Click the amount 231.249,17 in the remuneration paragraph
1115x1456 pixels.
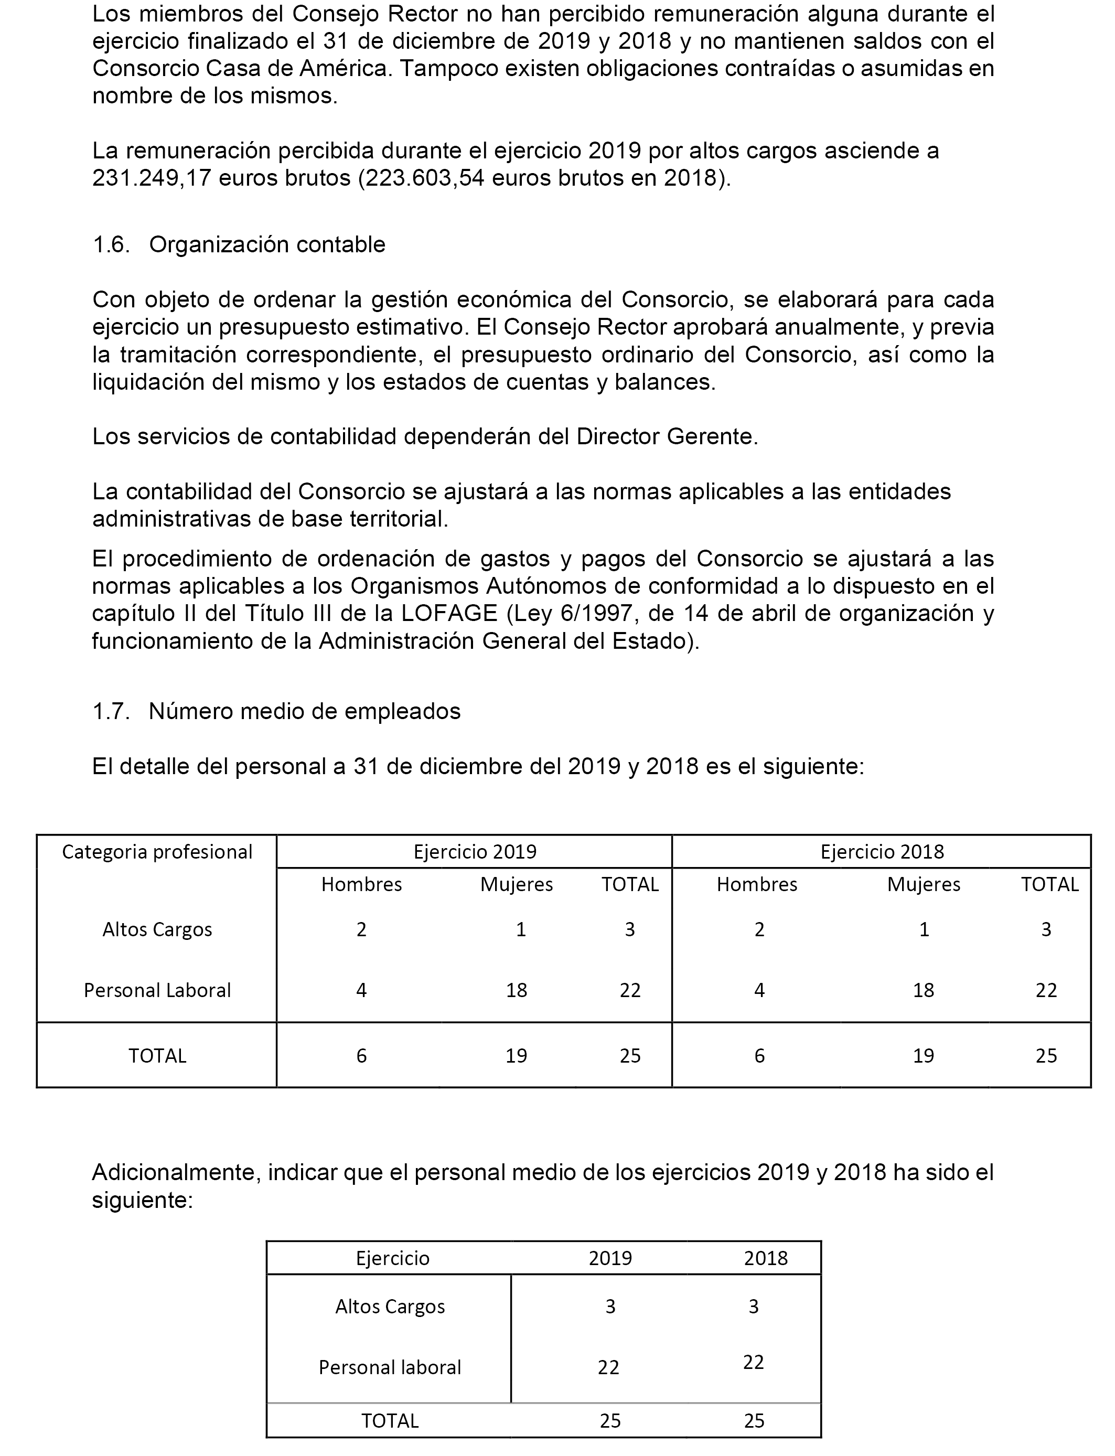pos(152,178)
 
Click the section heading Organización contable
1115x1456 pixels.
pos(267,245)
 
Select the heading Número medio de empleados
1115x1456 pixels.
pos(304,711)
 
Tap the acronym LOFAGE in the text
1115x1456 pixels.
pos(449,614)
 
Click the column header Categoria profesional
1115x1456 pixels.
pos(157,852)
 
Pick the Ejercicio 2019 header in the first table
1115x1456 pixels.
pos(475,852)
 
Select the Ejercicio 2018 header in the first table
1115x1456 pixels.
pos(882,852)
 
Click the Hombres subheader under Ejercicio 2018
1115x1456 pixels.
pos(757,885)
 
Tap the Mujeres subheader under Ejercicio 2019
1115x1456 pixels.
pos(517,885)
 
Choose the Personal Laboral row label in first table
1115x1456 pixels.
pos(157,991)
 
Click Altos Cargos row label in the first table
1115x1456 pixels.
pos(157,930)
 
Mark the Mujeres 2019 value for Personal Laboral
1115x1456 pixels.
pos(517,991)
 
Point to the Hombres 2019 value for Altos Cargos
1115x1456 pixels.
pos(362,930)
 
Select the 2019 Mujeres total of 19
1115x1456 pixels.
pos(517,1056)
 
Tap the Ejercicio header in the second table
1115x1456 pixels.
pos(393,1258)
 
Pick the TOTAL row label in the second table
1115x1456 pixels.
pos(390,1421)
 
